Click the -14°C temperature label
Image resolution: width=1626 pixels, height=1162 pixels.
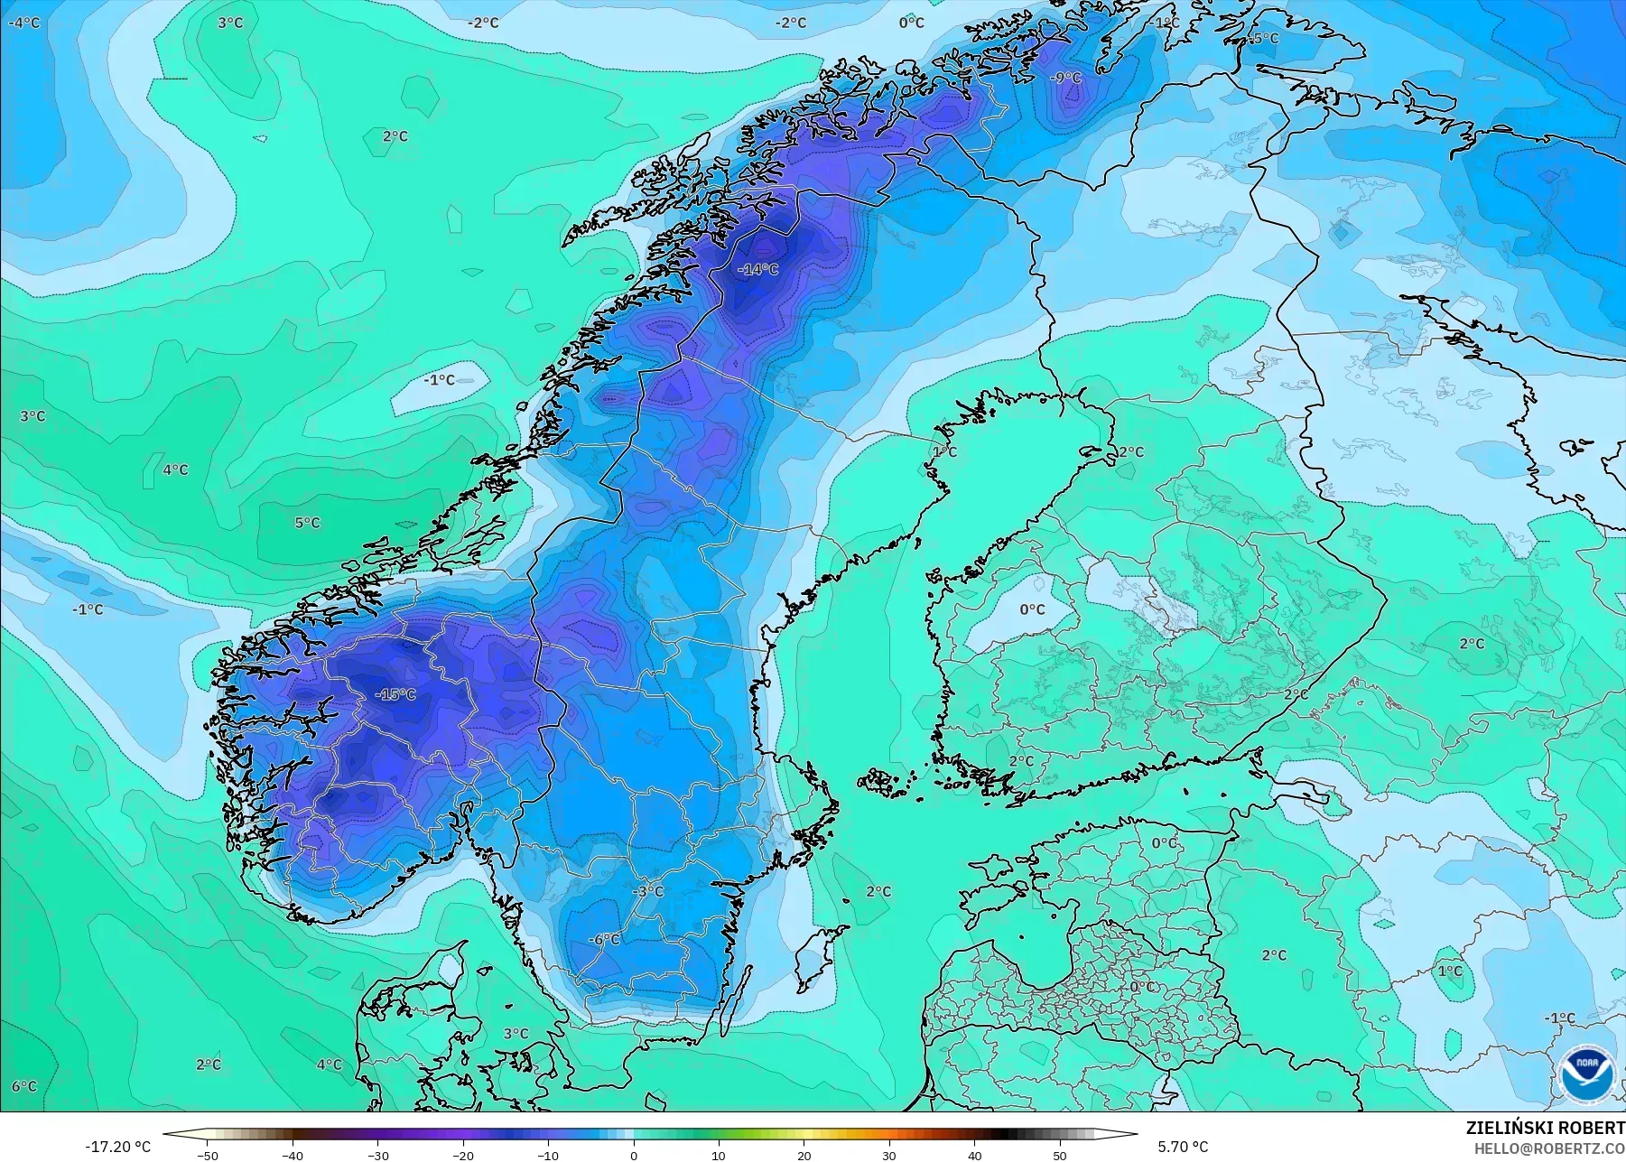click(x=757, y=269)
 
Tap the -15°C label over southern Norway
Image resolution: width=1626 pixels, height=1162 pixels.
click(x=395, y=694)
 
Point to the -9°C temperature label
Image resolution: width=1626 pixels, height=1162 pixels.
click(x=1065, y=79)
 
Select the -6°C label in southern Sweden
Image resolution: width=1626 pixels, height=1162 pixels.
click(x=604, y=940)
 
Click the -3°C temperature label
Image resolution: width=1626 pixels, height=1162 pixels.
click(x=646, y=891)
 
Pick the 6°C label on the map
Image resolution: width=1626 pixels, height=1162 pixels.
click(x=24, y=1086)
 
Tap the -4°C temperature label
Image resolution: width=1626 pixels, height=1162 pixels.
click(x=23, y=23)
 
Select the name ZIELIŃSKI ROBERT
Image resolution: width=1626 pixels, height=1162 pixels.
click(x=1545, y=1129)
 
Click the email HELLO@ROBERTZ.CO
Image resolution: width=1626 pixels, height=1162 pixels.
click(x=1549, y=1148)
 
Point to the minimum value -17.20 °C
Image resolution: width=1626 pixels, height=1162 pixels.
click(x=118, y=1147)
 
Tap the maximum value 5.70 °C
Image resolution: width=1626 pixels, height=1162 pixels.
click(x=1183, y=1147)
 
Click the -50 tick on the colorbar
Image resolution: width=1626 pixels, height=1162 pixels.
click(x=208, y=1155)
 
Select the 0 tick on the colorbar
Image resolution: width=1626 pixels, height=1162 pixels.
click(x=634, y=1155)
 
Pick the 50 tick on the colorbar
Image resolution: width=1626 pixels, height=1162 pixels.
click(x=1060, y=1155)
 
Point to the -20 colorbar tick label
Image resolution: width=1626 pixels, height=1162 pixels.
click(x=463, y=1155)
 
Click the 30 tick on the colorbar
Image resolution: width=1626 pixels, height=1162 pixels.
click(x=889, y=1155)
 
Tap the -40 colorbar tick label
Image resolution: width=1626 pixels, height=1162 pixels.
click(x=293, y=1155)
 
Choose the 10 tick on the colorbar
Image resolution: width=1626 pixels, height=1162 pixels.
click(x=719, y=1155)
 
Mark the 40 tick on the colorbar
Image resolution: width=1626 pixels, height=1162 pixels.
click(x=975, y=1155)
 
